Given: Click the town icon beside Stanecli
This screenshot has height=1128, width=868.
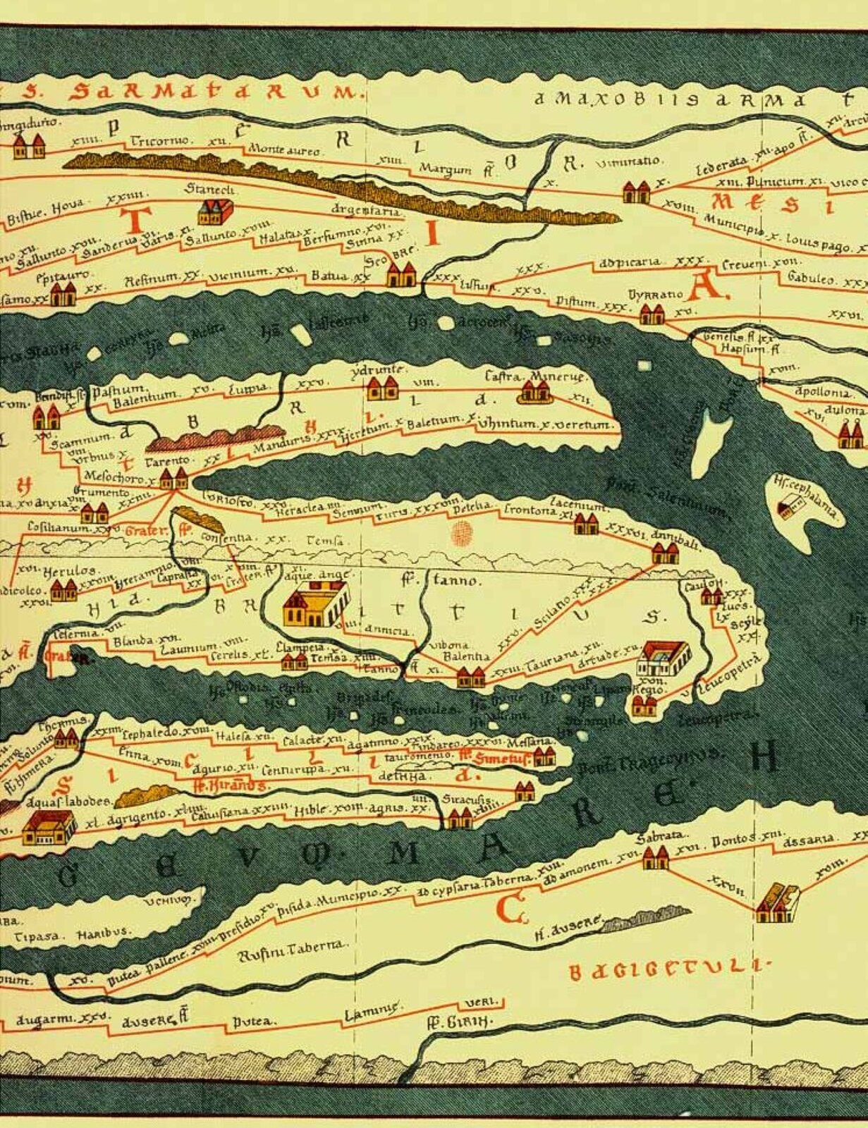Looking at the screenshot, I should click(216, 211).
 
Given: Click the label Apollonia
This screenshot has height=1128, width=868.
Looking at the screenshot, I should click(822, 391).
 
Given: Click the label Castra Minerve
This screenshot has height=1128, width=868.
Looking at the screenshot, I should click(535, 377).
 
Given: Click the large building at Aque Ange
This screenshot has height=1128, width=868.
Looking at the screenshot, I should click(315, 605).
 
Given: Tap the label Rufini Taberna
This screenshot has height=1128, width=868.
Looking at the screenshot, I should click(291, 948).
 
